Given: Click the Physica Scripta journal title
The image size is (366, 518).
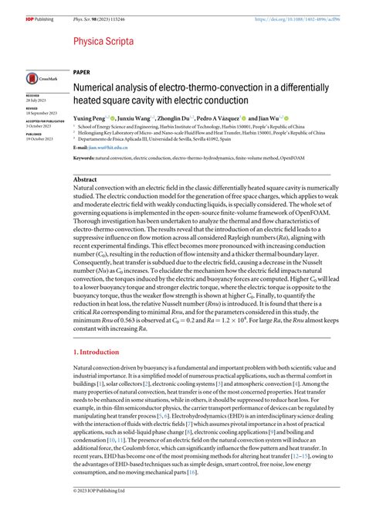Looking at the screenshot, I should tap(104, 40).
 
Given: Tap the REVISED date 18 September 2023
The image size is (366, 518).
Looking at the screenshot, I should tap(39, 113).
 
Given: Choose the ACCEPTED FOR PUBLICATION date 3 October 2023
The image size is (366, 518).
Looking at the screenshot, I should tap(37, 125).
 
